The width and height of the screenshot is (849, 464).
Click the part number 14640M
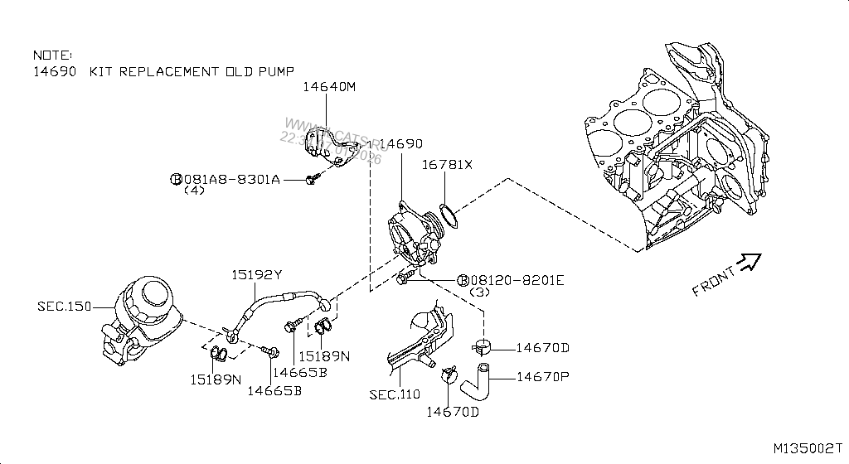pyautogui.click(x=328, y=86)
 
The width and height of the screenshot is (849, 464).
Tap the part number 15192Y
pyautogui.click(x=256, y=275)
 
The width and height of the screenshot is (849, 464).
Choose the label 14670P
pyautogui.click(x=544, y=377)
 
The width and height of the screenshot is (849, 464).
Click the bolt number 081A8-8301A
pyautogui.click(x=230, y=178)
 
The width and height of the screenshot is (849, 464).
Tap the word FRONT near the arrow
pyautogui.click(x=713, y=280)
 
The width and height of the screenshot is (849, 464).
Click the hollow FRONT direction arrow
pyautogui.click(x=750, y=262)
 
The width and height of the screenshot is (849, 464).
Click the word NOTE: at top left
pyautogui.click(x=52, y=53)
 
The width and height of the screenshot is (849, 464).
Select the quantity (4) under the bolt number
pyautogui.click(x=193, y=190)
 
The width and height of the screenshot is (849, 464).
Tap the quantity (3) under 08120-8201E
pyautogui.click(x=481, y=292)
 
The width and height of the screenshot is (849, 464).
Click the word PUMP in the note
pyautogui.click(x=272, y=71)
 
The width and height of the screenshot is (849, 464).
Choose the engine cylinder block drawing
pyautogui.click(x=680, y=149)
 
